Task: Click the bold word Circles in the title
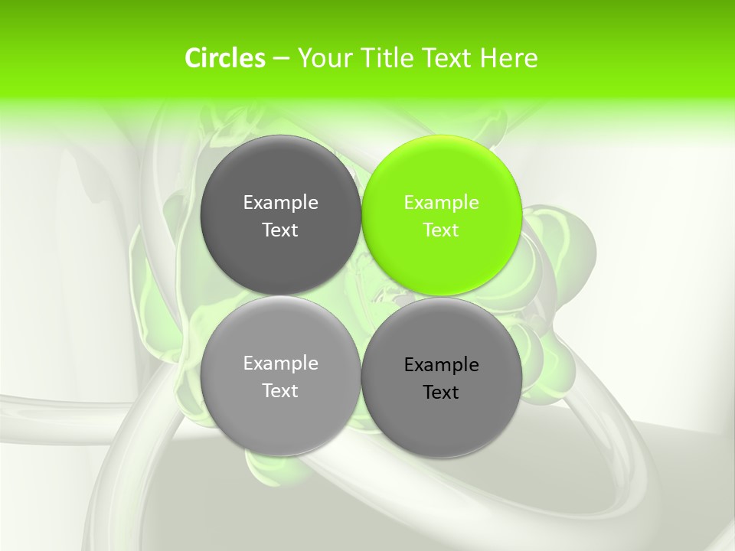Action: click(225, 58)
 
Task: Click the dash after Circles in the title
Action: click(281, 59)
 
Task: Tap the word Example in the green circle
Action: click(441, 203)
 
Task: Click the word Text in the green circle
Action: click(441, 230)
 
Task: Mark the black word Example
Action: click(441, 365)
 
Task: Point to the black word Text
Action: click(441, 393)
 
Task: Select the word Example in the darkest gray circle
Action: click(280, 203)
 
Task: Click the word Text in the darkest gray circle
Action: click(280, 230)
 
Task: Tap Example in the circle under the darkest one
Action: click(280, 364)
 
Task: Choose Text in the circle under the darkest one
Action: click(280, 391)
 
